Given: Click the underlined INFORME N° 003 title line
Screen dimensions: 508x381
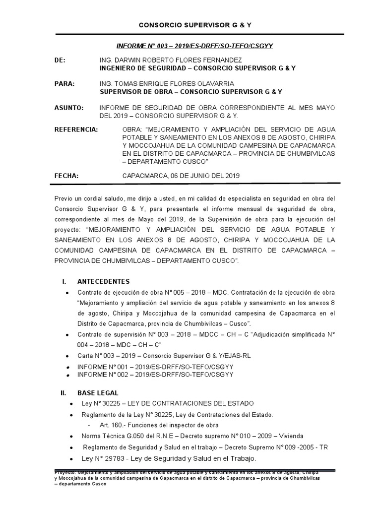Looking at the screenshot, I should [x=195, y=46].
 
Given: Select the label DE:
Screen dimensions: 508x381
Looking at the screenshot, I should [x=60, y=60].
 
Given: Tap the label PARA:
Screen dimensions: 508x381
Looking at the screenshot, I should [x=64, y=84].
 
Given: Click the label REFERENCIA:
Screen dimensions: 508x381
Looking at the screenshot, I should [x=76, y=129].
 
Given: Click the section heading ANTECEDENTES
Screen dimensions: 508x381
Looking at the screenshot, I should [x=104, y=281].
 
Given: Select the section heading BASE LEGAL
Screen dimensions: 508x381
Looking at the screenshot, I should [x=98, y=392].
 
